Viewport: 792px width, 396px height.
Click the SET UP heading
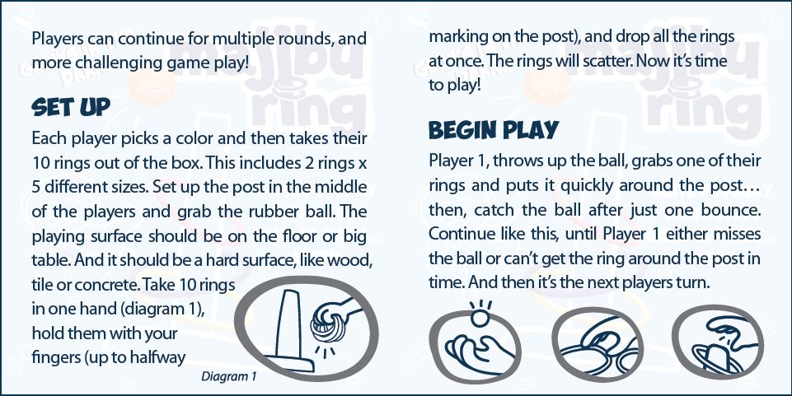point(70,108)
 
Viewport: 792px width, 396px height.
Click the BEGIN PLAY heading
point(494,131)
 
